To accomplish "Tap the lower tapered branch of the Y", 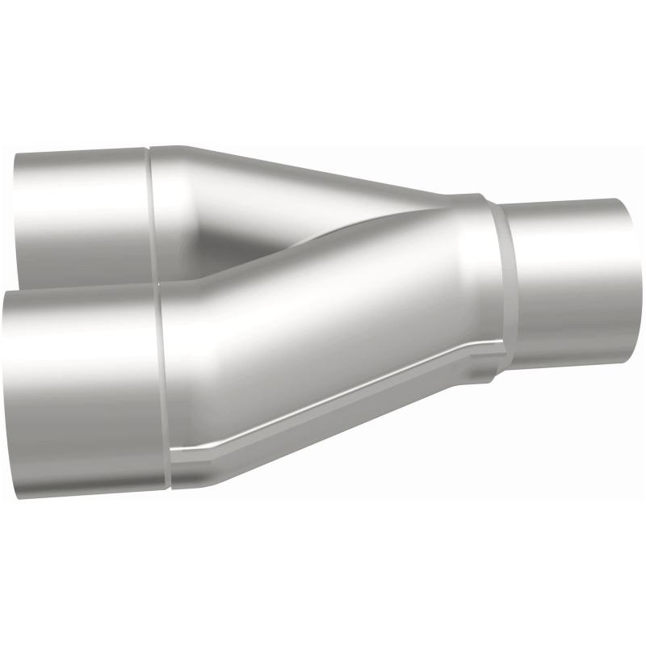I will click(x=323, y=323).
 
